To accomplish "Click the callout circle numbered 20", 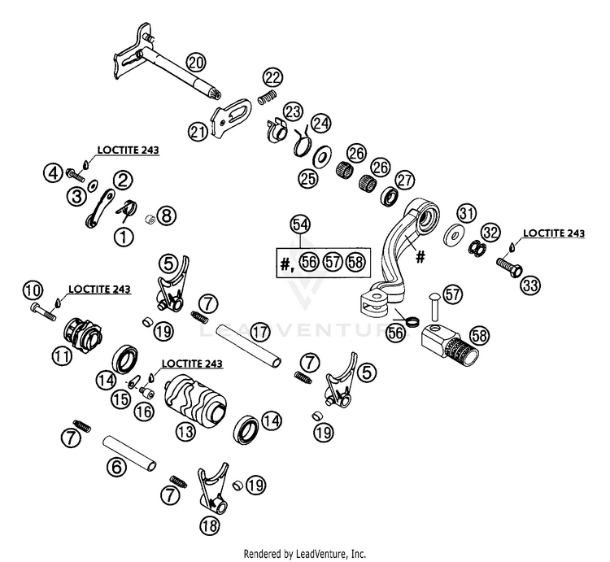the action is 196,63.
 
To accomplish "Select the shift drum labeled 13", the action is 194,399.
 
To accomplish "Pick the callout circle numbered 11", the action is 63,357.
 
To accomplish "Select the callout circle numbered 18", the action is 210,526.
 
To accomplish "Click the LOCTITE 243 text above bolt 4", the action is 128,150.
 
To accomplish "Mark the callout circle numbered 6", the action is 116,466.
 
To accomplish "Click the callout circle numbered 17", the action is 260,332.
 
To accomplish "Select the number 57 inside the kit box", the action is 333,263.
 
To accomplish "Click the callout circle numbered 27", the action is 404,180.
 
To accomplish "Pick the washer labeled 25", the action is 322,158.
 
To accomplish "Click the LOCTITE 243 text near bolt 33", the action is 554,233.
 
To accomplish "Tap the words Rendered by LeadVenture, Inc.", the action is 305,553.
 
